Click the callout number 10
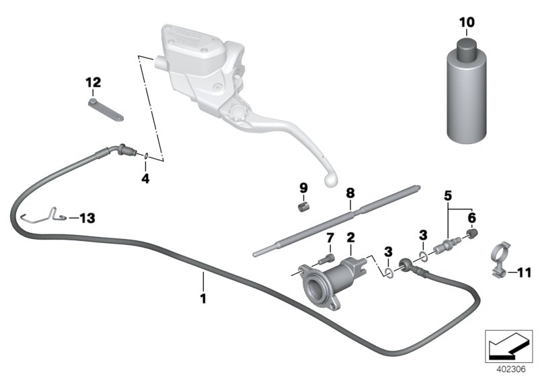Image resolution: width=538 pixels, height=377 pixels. click(x=466, y=23)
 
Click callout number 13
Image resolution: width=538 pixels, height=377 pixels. click(x=87, y=217)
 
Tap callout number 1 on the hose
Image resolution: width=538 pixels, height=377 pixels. click(x=203, y=296)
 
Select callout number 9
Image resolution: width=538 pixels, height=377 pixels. click(x=303, y=186)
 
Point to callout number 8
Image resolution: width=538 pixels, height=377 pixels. click(x=349, y=193)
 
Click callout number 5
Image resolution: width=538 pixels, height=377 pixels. click(x=448, y=195)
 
